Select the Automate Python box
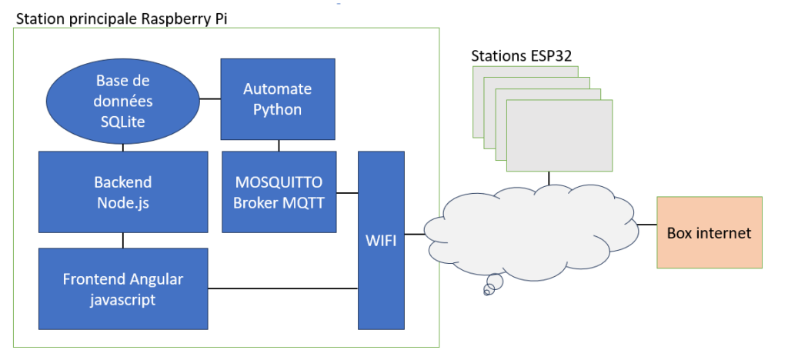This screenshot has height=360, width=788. (278, 98)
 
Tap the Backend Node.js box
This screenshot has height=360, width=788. (123, 192)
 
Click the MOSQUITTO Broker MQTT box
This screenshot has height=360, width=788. (278, 192)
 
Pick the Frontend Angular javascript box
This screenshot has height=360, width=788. (123, 288)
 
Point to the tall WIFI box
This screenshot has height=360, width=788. (382, 241)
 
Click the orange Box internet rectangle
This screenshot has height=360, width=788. (709, 232)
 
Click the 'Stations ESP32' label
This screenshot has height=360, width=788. (521, 56)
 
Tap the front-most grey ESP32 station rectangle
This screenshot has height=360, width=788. (559, 135)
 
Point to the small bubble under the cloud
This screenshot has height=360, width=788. (492, 289)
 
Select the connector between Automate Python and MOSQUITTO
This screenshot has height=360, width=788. (279, 145)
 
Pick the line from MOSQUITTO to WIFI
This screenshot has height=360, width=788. (347, 192)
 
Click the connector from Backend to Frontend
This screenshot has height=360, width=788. (123, 240)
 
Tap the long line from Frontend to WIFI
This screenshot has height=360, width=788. (283, 288)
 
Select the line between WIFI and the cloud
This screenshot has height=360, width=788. (416, 233)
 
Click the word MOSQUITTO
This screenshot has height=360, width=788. (278, 183)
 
